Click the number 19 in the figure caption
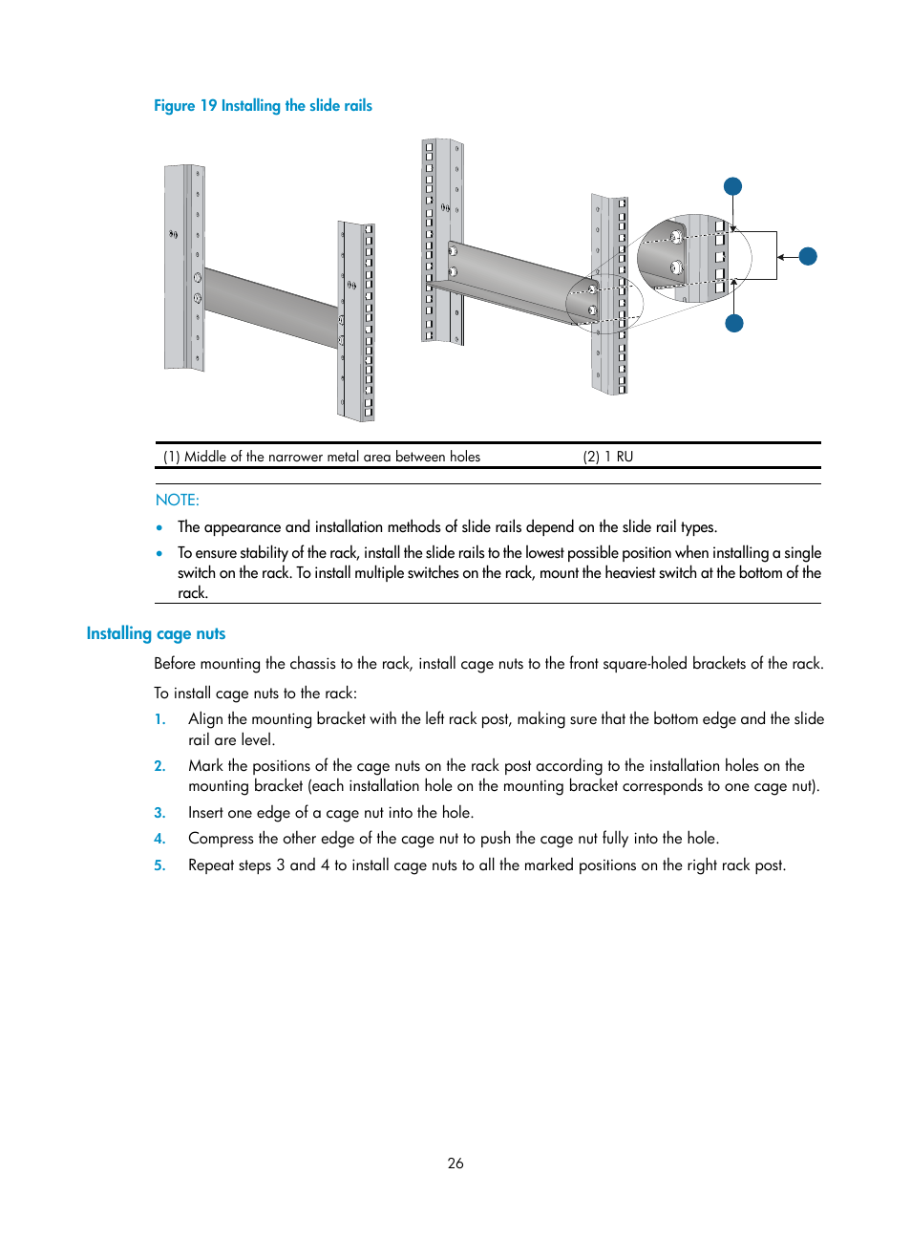click(208, 106)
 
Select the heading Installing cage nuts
click(156, 633)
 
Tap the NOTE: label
click(178, 500)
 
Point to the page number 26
click(455, 1163)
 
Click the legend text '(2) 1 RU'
click(608, 457)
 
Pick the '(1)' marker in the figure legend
click(172, 457)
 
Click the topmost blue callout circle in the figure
click(732, 186)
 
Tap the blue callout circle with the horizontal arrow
click(808, 256)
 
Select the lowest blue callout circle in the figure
click(734, 323)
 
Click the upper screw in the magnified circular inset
click(676, 237)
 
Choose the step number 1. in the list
click(160, 719)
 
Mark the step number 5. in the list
click(160, 865)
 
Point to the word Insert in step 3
click(205, 813)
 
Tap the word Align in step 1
click(205, 719)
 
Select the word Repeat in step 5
click(211, 865)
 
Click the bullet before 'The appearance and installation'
click(159, 527)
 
